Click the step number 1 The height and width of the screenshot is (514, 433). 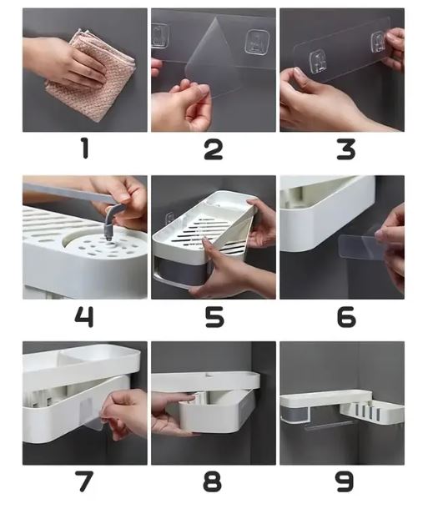pyautogui.click(x=85, y=149)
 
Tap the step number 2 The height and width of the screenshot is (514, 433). pyautogui.click(x=214, y=149)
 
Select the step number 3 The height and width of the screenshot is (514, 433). pyautogui.click(x=346, y=149)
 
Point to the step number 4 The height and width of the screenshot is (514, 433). pyautogui.click(x=84, y=316)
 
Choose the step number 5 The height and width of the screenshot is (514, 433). pyautogui.click(x=214, y=316)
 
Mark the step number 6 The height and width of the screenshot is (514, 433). pyautogui.click(x=346, y=316)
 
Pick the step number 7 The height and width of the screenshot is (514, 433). pyautogui.click(x=84, y=481)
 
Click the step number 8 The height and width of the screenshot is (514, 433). pyautogui.click(x=213, y=481)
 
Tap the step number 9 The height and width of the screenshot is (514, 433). pyautogui.click(x=345, y=481)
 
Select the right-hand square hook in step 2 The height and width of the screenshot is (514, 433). pyautogui.click(x=257, y=42)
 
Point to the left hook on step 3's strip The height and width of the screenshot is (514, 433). pyautogui.click(x=318, y=62)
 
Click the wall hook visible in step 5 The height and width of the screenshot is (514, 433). pyautogui.click(x=170, y=218)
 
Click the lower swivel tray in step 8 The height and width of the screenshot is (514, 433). pyautogui.click(x=214, y=412)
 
